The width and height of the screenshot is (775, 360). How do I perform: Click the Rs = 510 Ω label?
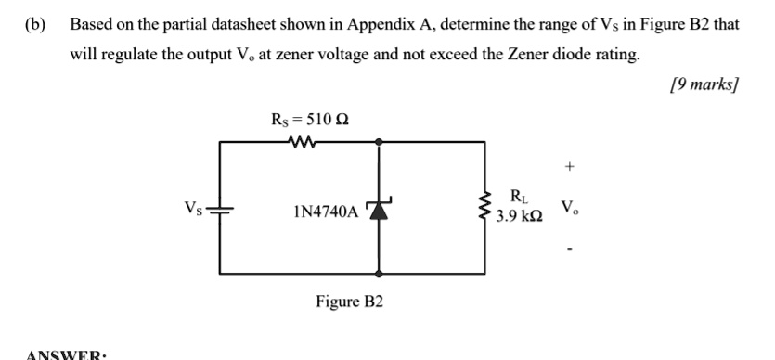(310, 118)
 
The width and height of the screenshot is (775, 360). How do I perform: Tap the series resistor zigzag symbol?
(303, 142)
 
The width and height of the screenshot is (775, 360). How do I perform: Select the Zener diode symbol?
(380, 210)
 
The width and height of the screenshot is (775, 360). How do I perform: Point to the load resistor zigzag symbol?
(483, 209)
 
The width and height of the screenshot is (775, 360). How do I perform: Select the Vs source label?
(191, 207)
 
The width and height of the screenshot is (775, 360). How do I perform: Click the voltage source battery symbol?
(220, 209)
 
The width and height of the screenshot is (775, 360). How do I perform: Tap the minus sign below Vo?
(569, 249)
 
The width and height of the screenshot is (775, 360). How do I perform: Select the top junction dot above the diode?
(380, 142)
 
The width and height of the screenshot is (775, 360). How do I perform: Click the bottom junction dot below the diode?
(380, 275)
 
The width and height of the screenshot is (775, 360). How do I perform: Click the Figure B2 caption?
(349, 302)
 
